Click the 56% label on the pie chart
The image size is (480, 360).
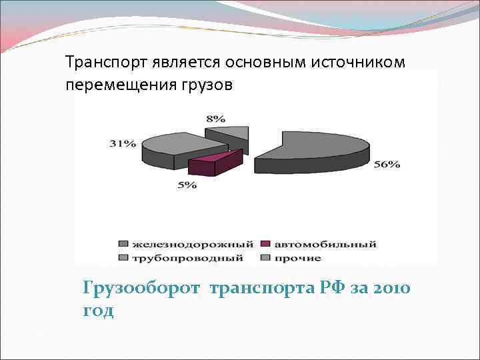point(387,165)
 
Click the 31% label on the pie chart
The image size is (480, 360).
point(124,143)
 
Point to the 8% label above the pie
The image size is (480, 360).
point(215,119)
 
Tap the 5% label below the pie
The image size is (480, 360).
point(187,185)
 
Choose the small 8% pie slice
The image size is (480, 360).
point(230,133)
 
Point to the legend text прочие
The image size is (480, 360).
point(299,257)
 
